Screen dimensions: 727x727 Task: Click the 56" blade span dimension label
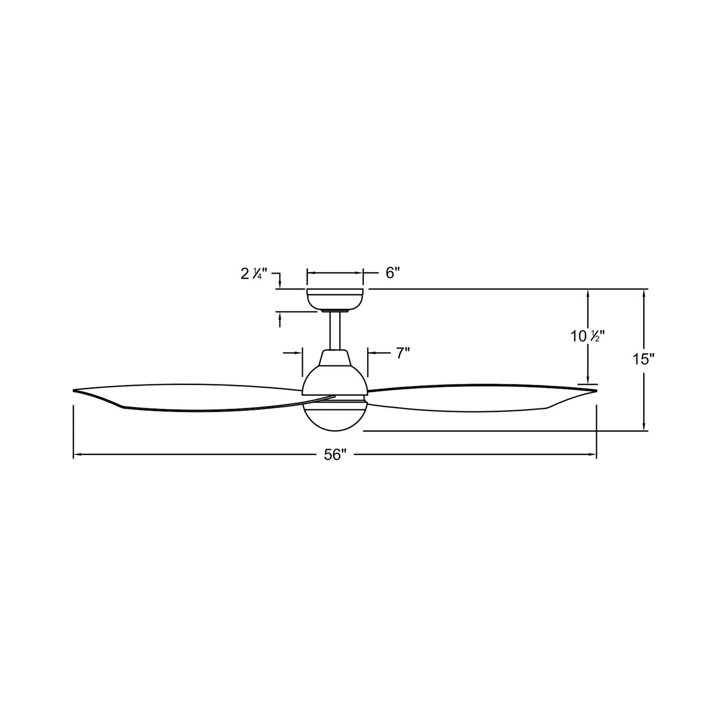334,455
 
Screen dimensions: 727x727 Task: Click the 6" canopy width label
392,273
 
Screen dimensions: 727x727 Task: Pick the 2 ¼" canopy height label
254,274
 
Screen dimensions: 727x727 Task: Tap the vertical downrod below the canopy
334,331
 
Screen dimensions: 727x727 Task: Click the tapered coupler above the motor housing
334,358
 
